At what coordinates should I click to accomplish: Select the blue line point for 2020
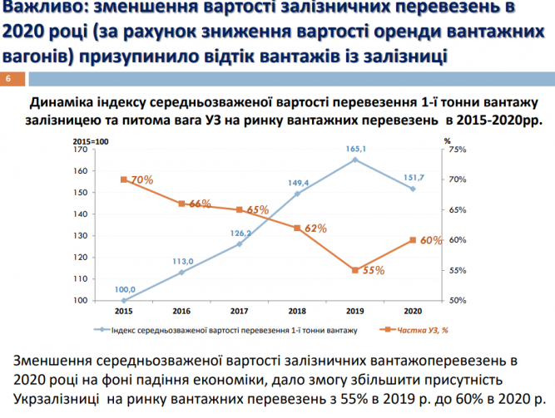[x=413, y=189]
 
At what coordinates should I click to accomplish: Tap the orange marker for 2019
[x=355, y=270]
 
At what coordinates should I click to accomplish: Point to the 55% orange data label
[x=374, y=270]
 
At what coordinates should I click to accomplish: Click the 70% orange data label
[x=142, y=179]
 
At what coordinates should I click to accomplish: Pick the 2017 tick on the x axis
[x=239, y=311]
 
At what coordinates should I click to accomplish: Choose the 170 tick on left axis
[x=104, y=150]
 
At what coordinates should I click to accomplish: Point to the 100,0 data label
[x=124, y=290]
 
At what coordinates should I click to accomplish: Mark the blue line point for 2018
[x=297, y=194]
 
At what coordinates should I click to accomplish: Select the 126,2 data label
[x=240, y=234]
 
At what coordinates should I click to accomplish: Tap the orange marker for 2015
[x=123, y=179]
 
